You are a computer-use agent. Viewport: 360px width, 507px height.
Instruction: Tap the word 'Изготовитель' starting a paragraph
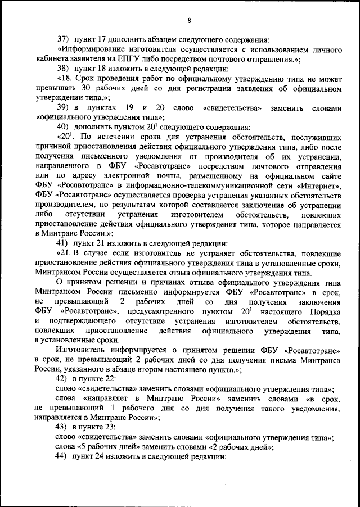82,350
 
